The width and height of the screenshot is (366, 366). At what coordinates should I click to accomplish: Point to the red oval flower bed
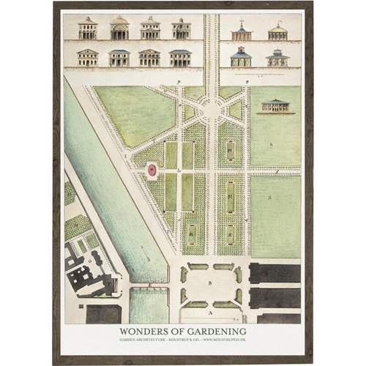pos(152,170)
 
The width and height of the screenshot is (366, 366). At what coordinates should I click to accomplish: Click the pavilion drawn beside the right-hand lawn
pos(276,106)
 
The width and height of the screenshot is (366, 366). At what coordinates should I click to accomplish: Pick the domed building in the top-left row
pos(119,29)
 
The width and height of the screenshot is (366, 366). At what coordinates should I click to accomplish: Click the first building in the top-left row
pos(88,29)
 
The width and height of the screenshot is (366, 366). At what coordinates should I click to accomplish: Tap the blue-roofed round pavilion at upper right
pos(241,57)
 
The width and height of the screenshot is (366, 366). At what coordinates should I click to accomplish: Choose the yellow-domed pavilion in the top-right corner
pos(277,31)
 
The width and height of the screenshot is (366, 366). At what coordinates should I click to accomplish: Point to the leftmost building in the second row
pos(88,57)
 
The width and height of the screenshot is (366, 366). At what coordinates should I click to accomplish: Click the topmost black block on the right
pos(274,273)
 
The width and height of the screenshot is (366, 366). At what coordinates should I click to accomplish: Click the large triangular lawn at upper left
pos(132,113)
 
